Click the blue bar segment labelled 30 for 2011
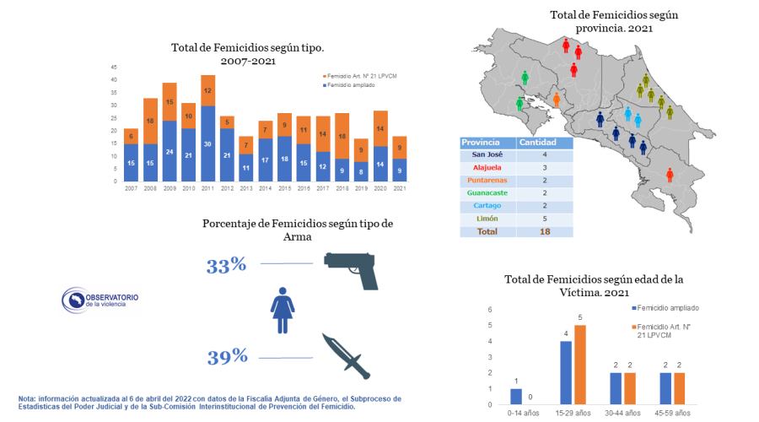[207, 143]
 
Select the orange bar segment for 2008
[150, 121]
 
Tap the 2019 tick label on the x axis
[362, 188]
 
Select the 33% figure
[226, 266]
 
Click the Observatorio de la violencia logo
[100, 299]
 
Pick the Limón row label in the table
[488, 218]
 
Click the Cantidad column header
[538, 142]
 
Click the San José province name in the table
[488, 154]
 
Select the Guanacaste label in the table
[488, 192]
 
